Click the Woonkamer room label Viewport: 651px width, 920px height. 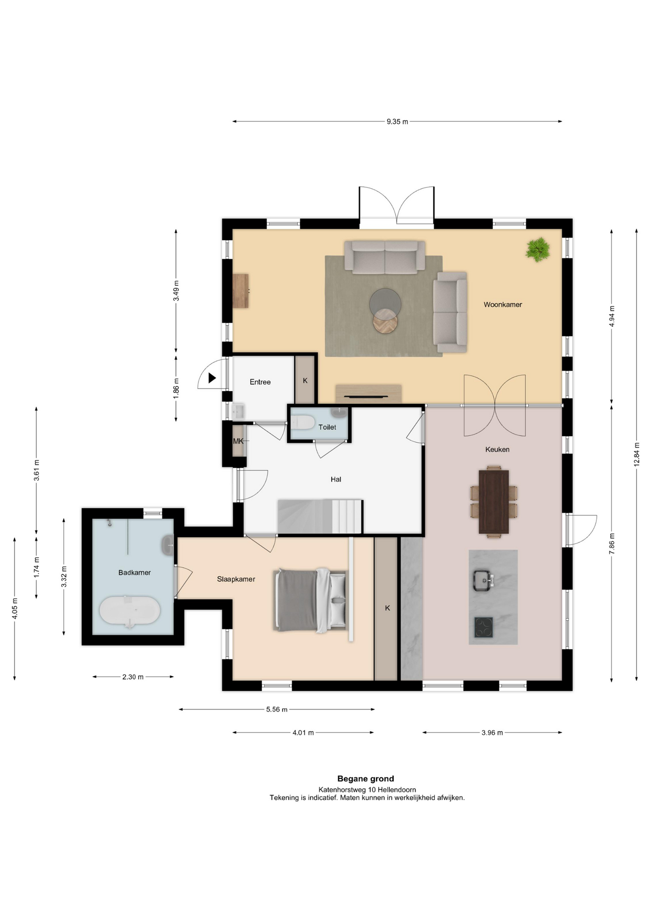point(502,305)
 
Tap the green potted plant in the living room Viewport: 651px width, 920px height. point(537,249)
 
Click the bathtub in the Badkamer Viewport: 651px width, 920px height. point(130,612)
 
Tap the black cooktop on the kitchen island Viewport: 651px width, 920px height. point(484,627)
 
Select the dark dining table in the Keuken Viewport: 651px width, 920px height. point(494,502)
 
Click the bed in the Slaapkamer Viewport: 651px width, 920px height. point(310,600)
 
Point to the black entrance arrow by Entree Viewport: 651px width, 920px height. point(212,378)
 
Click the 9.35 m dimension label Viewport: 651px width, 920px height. point(397,122)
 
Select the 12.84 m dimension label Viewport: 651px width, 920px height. point(637,454)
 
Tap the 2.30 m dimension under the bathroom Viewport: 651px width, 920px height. point(133,677)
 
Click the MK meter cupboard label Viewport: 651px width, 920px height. point(238,441)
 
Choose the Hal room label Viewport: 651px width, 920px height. point(336,479)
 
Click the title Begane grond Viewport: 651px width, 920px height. point(366,779)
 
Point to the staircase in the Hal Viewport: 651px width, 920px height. point(320,517)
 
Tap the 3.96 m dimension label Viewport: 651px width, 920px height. point(492,733)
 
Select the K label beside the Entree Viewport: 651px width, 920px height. point(305,380)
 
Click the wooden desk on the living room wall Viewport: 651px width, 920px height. point(241,291)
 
